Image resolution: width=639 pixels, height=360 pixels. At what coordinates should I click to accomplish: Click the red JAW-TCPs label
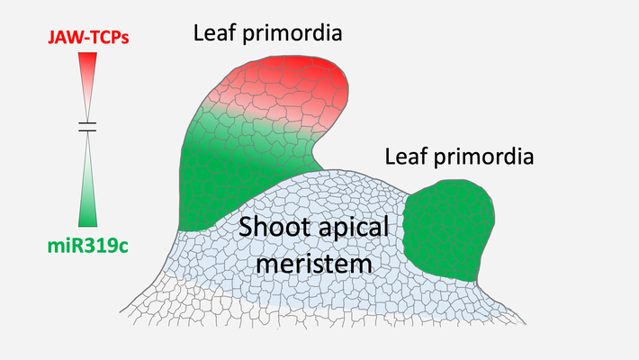point(88,38)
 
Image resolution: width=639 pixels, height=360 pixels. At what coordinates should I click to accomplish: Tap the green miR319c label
point(88,246)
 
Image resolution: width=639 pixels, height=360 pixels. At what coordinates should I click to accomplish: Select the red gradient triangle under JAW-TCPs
point(87,86)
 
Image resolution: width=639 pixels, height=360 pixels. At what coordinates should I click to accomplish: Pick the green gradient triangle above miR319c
point(87,179)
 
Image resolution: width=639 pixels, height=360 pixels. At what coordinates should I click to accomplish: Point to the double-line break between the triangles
point(87,127)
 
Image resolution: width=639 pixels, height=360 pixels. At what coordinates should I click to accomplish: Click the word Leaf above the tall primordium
point(214,33)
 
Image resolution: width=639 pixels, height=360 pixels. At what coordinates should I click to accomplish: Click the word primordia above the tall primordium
point(292,34)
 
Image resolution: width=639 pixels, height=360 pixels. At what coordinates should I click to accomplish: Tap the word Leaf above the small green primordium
point(406,157)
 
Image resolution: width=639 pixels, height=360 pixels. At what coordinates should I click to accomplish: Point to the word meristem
point(314,265)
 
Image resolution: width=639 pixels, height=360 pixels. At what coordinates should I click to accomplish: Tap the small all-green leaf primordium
point(448,230)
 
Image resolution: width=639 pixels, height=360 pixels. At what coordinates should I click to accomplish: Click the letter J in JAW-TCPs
point(52,38)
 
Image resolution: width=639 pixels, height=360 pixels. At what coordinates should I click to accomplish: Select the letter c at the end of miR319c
point(123,247)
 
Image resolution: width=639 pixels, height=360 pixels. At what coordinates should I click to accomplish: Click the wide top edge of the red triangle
point(87,52)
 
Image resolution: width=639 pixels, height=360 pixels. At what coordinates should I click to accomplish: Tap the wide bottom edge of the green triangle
point(87,226)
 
